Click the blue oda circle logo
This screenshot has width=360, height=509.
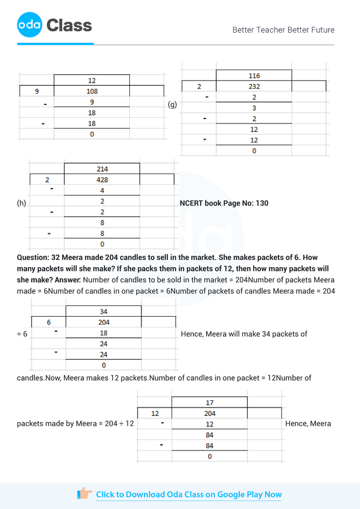[30, 25]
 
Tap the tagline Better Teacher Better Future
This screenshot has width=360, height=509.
[283, 30]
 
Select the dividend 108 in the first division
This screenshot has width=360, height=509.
[92, 91]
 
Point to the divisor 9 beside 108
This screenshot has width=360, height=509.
[37, 91]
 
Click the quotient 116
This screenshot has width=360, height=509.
[254, 76]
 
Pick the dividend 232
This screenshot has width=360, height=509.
[254, 86]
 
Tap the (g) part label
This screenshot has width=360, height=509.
[172, 105]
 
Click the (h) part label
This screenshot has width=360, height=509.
[22, 203]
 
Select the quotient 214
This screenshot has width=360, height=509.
[101, 169]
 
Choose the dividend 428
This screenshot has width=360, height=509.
[101, 180]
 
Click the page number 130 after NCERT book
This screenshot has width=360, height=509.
[262, 203]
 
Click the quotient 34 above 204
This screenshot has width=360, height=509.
[103, 311]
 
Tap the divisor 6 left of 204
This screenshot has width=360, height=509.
[48, 322]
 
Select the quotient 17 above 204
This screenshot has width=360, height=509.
[210, 402]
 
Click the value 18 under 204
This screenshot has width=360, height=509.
[103, 333]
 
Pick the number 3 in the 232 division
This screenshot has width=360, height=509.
[254, 108]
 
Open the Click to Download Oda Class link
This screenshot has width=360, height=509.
[188, 494]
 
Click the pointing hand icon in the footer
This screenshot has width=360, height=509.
[85, 494]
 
